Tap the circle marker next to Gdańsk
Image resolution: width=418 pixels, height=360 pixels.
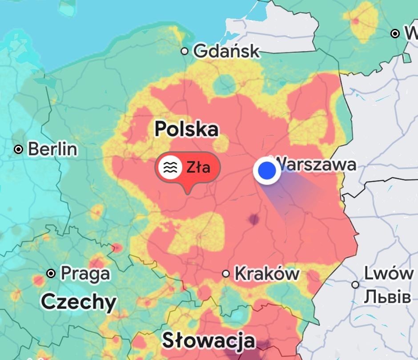tap(185, 51)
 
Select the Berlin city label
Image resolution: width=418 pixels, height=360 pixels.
tap(52, 149)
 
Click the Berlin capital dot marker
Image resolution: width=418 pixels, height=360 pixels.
tap(18, 149)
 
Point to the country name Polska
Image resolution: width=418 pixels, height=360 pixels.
tap(186, 129)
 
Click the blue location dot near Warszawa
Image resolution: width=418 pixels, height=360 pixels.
tap(267, 170)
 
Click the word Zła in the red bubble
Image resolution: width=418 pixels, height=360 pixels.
tap(198, 167)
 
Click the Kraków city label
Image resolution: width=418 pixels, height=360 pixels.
tap(267, 273)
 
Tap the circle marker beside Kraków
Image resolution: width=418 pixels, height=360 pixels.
tap(226, 273)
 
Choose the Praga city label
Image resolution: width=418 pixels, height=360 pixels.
tap(85, 273)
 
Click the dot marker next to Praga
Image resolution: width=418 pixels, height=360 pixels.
tap(51, 273)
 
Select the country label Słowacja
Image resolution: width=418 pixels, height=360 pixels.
tap(209, 340)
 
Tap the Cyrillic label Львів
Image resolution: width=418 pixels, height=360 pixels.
tap(387, 297)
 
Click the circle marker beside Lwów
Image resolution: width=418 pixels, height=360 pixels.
tap(355, 284)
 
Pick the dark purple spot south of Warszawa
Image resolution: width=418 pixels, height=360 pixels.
tap(254, 218)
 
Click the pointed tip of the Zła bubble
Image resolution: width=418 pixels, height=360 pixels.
tap(188, 193)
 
